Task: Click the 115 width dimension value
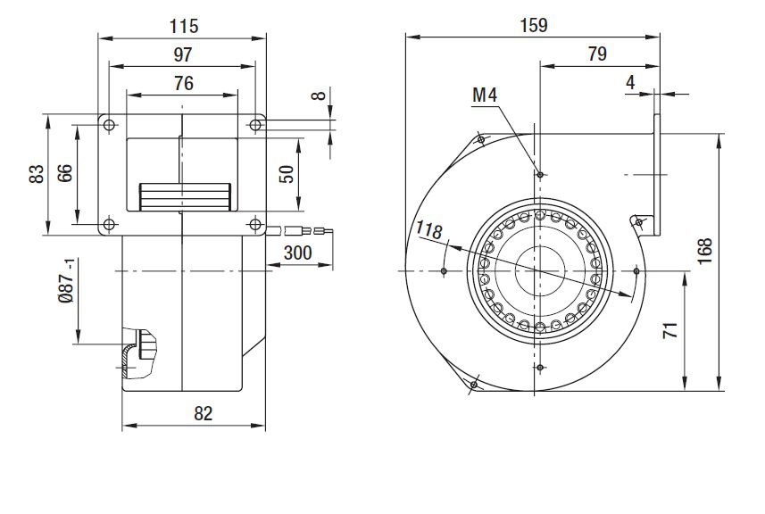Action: (184, 26)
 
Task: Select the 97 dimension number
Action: (183, 54)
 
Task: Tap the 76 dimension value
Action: (184, 83)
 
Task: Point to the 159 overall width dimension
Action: (534, 25)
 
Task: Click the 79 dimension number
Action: (597, 54)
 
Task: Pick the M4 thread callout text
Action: (485, 95)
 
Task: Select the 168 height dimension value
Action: (705, 251)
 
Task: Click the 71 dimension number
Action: (670, 330)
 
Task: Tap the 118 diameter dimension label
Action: (428, 229)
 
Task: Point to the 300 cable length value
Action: (297, 253)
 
